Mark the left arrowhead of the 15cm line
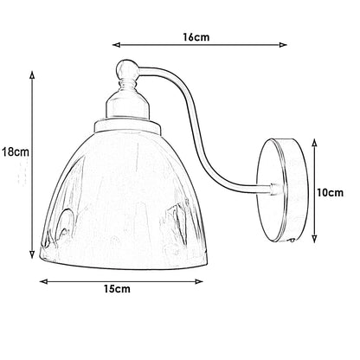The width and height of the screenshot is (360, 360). (x=39, y=280)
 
